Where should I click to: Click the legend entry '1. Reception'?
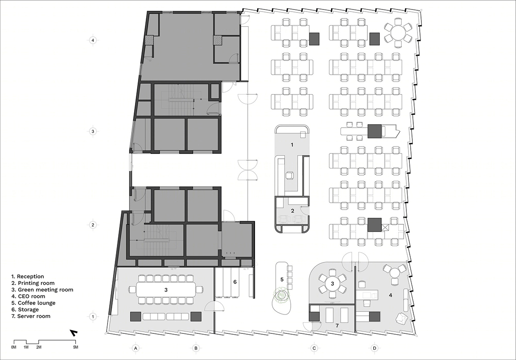pos(28,277)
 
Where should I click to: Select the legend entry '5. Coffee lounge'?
pos(34,303)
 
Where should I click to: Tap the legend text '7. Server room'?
pos(31,316)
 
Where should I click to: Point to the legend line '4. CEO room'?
pos(28,296)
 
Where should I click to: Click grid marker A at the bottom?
pos(136,348)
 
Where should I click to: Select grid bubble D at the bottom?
pos(375,348)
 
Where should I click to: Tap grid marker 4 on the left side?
pos(93,40)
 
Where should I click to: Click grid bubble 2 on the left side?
pos(93,225)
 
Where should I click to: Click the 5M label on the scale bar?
pos(76,347)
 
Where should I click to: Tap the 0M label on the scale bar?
pos(14,347)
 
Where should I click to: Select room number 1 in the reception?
pos(292,145)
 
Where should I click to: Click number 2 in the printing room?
pos(292,211)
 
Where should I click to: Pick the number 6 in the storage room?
pos(235,282)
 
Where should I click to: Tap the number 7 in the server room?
pos(337,326)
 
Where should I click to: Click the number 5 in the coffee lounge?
pos(282,279)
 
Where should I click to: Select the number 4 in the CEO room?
pos(390,295)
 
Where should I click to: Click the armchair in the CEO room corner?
pos(402,319)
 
